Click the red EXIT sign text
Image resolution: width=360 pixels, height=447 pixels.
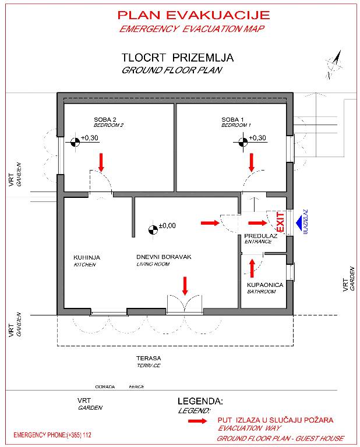pos(280,222)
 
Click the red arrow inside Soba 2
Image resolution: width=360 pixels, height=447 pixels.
pos(101,161)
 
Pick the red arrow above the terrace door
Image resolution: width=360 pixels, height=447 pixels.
pos(185,285)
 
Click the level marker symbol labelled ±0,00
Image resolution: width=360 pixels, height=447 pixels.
pos(153,229)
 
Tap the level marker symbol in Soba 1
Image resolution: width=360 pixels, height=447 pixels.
pos(242,140)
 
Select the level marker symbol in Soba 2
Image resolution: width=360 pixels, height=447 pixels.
pos(75,140)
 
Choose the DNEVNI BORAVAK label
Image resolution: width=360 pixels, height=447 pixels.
pos(164,257)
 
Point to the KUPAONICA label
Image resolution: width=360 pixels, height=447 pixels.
pos(265,285)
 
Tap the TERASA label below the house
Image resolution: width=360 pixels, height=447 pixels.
pos(148,359)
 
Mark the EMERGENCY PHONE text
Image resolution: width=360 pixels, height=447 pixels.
pos(52,435)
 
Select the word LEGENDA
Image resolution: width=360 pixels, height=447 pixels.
pos(200,402)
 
